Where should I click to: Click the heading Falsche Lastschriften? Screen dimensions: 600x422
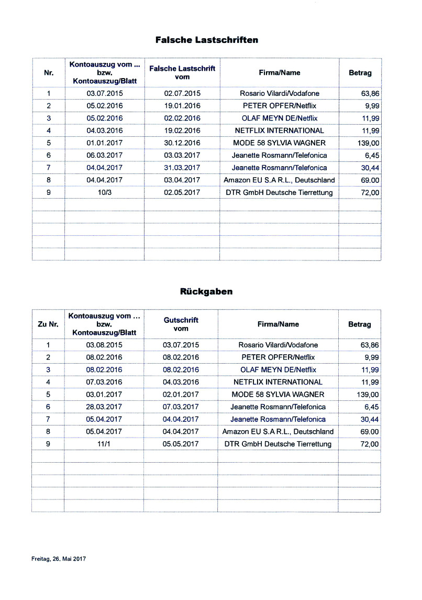[207, 40]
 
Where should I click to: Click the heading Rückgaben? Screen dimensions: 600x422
[206, 292]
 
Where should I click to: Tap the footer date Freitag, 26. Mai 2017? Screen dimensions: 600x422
[55, 559]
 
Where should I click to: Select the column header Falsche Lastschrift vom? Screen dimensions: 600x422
[182, 73]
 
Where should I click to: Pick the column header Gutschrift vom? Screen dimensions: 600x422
[181, 324]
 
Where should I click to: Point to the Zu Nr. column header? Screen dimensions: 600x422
[48, 324]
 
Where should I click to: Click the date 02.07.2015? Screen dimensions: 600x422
[182, 94]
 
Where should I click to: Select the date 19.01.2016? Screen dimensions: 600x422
[182, 106]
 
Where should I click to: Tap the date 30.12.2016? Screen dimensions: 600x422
[182, 143]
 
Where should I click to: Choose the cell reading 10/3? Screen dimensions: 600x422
[104, 193]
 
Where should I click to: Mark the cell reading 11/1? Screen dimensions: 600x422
[104, 444]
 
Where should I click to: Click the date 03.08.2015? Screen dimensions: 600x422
[104, 345]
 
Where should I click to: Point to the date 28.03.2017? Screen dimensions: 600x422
[104, 407]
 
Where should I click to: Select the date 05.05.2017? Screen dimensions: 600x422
[181, 444]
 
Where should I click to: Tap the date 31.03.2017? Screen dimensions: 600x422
[182, 168]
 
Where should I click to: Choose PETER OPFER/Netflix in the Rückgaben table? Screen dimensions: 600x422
[278, 357]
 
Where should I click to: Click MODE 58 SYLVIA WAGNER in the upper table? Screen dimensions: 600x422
[279, 143]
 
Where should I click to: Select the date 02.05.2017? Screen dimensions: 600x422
[182, 193]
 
